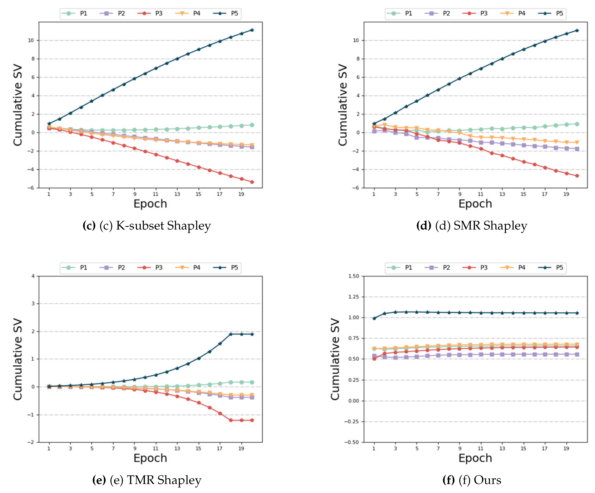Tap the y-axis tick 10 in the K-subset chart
[x=31, y=40]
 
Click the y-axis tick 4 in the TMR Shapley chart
[x=33, y=276]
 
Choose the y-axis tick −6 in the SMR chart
[x=356, y=188]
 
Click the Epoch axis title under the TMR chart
[x=150, y=458]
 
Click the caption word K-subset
[x=140, y=226]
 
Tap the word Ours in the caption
[x=487, y=480]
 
